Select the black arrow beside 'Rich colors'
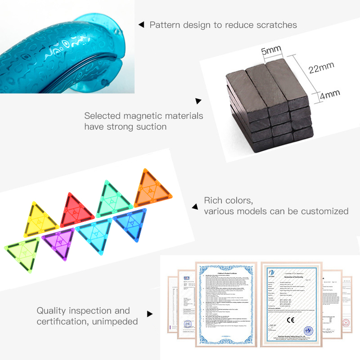(x=195, y=207)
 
